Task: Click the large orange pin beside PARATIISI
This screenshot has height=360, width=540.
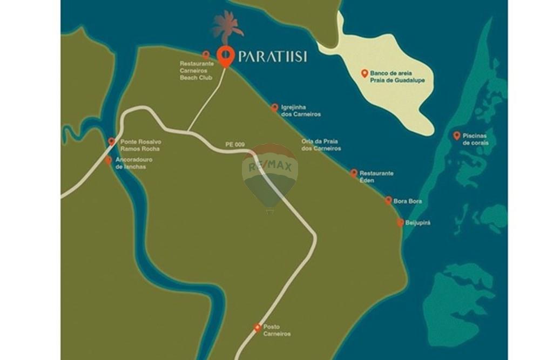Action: coord(225,56)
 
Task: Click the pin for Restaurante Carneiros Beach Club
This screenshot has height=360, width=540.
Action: coord(206,55)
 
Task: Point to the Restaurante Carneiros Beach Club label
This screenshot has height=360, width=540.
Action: coord(197,71)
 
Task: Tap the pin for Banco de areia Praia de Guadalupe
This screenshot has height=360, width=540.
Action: coord(364,73)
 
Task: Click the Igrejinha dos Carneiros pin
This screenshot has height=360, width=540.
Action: coord(274,107)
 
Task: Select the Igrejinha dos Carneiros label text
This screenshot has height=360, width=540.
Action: coord(301,111)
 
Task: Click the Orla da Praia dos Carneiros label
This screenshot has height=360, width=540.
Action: coord(321,145)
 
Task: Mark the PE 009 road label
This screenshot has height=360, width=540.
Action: coord(235,145)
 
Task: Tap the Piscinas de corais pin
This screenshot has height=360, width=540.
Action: coord(457,135)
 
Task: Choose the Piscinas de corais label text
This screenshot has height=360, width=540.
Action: coord(476,139)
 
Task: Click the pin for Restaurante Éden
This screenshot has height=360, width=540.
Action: coord(354,173)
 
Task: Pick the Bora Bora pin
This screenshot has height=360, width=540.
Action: coord(388,200)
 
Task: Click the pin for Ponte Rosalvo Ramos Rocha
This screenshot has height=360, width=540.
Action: coord(112,141)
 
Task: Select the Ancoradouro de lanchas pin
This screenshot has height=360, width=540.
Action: coord(109,160)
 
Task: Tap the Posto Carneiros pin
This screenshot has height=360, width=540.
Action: coord(258,327)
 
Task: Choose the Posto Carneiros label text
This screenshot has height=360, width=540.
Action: coord(276,330)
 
